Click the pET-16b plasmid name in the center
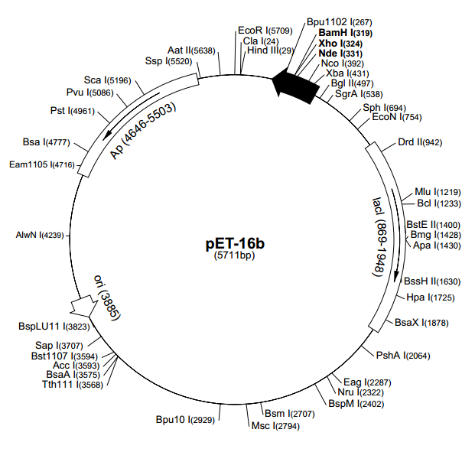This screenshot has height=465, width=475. coord(236,244)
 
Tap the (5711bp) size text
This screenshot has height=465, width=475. coord(236,258)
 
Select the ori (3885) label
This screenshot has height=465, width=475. coord(106,297)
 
